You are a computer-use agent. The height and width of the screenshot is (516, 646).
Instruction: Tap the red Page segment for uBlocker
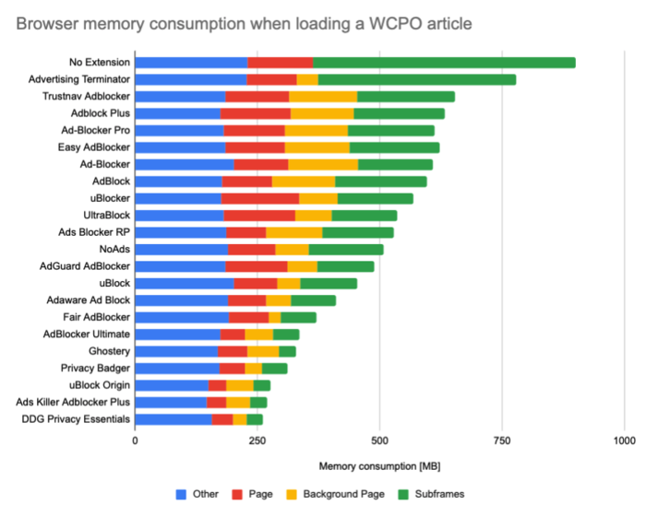click(x=260, y=198)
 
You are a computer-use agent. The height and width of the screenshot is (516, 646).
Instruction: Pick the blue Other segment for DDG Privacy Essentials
click(x=173, y=419)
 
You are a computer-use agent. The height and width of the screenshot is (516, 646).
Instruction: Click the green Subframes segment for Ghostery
click(x=287, y=351)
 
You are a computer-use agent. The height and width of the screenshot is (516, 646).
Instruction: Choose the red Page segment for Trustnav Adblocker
click(x=257, y=96)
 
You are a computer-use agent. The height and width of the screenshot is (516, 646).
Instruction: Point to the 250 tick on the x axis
click(x=257, y=440)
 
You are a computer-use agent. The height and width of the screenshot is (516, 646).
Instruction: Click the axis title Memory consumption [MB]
click(x=377, y=466)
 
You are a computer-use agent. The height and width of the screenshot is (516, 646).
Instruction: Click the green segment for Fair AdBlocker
click(x=298, y=317)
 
